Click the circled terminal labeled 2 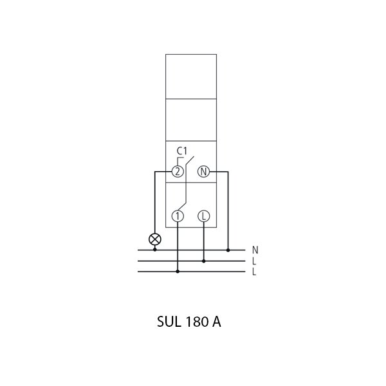(178, 171)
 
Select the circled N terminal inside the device (203, 171)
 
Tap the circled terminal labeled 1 (178, 216)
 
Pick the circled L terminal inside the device (203, 216)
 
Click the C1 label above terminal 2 (182, 151)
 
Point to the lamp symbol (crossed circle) (155, 239)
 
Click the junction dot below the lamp (155, 250)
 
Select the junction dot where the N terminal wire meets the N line (228, 250)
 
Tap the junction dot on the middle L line (203, 261)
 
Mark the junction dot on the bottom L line (178, 271)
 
